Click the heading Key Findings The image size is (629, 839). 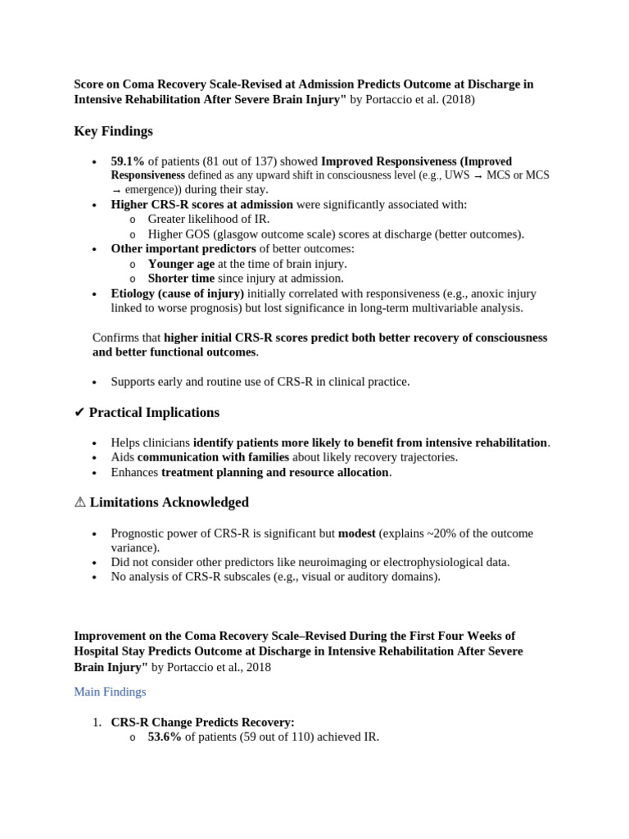113,131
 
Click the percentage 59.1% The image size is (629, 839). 128,161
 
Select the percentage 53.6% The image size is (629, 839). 165,737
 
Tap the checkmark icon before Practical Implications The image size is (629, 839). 79,412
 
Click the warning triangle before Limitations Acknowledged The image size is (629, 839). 79,502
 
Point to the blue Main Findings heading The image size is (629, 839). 110,692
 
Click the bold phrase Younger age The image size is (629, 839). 181,264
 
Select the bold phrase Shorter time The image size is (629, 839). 181,279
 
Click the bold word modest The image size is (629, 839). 356,533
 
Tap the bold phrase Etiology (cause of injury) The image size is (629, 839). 178,293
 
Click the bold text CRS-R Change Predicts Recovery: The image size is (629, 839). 202,722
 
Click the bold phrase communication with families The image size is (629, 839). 212,457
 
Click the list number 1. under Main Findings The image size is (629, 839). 97,722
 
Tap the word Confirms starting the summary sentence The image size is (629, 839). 116,338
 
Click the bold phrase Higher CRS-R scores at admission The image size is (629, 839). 201,204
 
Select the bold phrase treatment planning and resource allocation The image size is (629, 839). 274,472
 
